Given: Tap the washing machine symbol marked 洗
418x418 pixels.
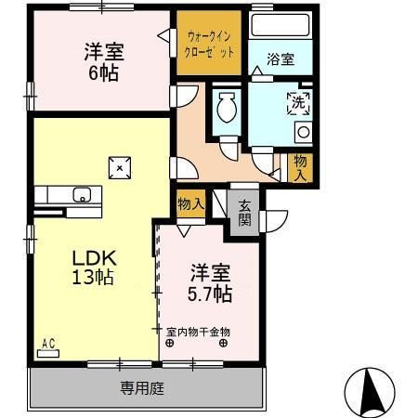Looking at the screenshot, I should coord(299,101).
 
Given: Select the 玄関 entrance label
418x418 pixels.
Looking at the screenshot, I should coord(244,213).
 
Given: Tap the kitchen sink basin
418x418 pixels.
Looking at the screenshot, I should coord(82,195).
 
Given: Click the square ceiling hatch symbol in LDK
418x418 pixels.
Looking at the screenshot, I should coord(120,167).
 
